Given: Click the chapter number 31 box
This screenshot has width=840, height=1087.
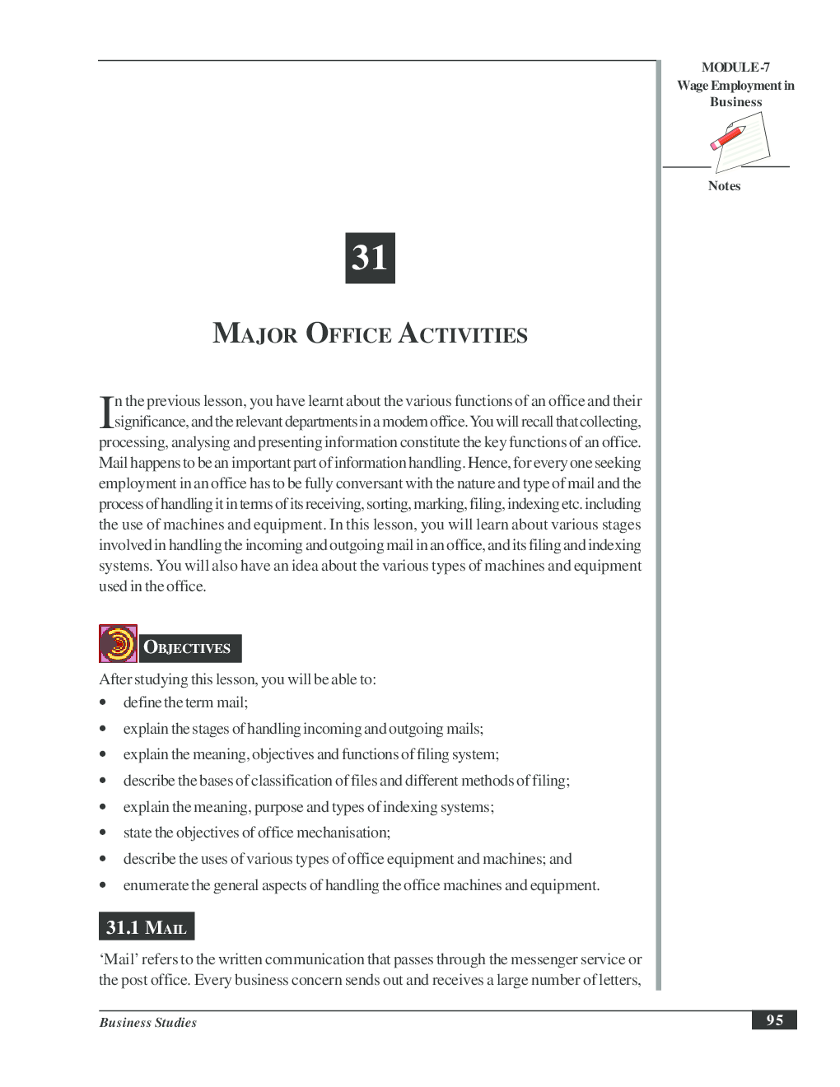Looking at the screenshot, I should pyautogui.click(x=370, y=258).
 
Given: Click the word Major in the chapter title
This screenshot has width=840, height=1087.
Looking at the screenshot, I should pyautogui.click(x=254, y=334).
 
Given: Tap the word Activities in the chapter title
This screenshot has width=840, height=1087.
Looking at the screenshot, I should pyautogui.click(x=463, y=334).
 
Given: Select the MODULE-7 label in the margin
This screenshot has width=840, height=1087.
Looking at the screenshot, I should pyautogui.click(x=735, y=68).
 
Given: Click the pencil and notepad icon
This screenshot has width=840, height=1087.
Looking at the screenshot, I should pyautogui.click(x=738, y=141).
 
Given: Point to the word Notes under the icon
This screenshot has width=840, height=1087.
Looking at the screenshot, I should pyautogui.click(x=724, y=186).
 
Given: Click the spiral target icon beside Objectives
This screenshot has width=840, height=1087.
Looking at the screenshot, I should pyautogui.click(x=118, y=644).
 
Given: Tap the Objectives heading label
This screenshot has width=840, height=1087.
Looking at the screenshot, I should pyautogui.click(x=188, y=648).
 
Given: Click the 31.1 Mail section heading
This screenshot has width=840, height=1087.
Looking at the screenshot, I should pyautogui.click(x=147, y=927).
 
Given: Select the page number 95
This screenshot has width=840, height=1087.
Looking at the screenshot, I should pyautogui.click(x=774, y=1020).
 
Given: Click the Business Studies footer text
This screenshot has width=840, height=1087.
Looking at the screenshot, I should pyautogui.click(x=148, y=1023).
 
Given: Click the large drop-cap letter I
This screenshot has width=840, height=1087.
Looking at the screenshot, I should pyautogui.click(x=105, y=412).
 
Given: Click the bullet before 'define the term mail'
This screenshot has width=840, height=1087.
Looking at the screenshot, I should pyautogui.click(x=103, y=702).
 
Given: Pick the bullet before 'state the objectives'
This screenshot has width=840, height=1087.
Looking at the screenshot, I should pyautogui.click(x=103, y=833).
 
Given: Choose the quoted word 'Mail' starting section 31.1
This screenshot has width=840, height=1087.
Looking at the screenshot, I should pyautogui.click(x=118, y=959).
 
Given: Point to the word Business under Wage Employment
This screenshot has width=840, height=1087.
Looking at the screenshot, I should pyautogui.click(x=735, y=102).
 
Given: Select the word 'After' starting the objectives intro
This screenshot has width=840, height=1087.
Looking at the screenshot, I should pyautogui.click(x=115, y=679).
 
